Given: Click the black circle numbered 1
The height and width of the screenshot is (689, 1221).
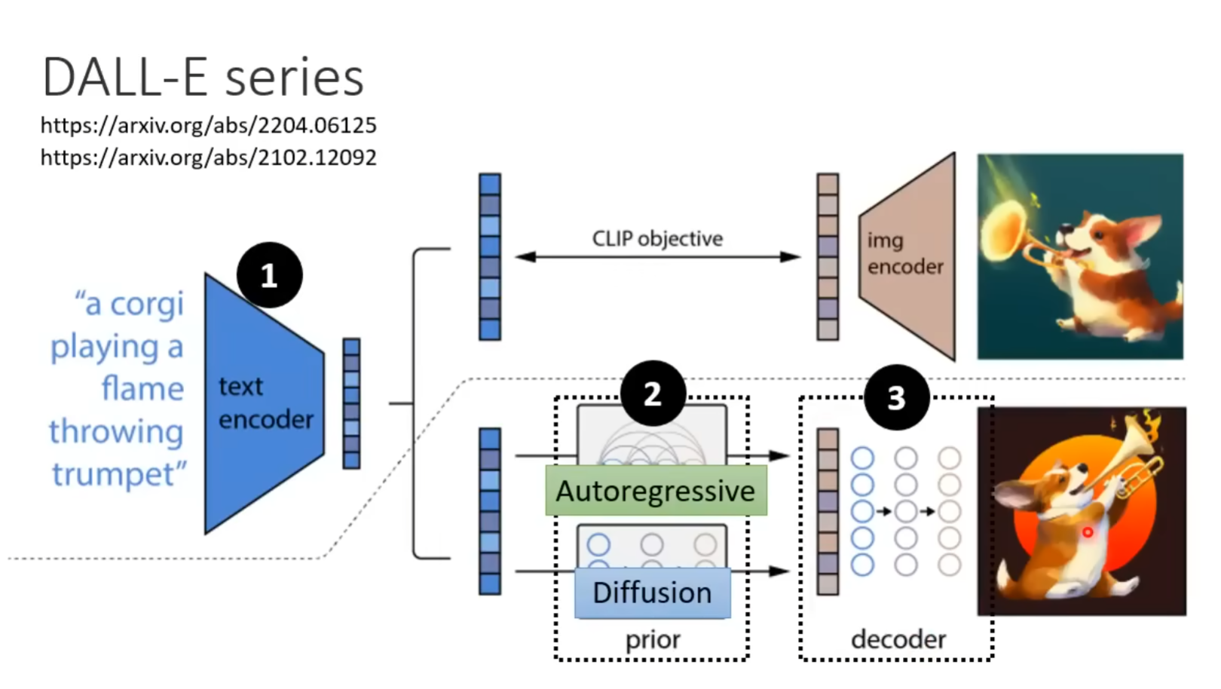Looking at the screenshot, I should click(x=269, y=275).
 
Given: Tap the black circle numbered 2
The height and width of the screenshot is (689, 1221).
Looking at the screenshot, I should click(x=653, y=393).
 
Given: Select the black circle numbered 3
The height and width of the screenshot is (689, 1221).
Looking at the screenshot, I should click(x=896, y=397).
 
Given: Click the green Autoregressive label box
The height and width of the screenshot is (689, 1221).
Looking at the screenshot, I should click(x=656, y=491).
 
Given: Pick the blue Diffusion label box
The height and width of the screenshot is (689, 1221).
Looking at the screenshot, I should click(x=652, y=593).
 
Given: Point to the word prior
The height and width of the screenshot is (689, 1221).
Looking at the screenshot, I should click(x=653, y=639).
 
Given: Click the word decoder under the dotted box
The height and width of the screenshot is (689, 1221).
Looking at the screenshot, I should click(x=898, y=639).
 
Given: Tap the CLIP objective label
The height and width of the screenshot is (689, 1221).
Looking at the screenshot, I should click(x=657, y=239).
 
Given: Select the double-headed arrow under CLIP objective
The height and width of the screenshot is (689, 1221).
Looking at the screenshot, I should click(x=657, y=257).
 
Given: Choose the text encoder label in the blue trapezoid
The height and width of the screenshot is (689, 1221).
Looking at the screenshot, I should click(x=265, y=403).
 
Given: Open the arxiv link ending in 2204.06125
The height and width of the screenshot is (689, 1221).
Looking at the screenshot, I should click(x=208, y=125).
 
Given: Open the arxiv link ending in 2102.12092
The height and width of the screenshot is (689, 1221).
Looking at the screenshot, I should click(x=208, y=158).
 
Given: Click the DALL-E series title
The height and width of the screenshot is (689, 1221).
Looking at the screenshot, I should click(x=203, y=78).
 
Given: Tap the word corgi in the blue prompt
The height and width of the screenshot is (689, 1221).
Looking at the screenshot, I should click(x=146, y=305).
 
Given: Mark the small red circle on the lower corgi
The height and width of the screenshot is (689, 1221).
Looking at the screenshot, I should click(x=1088, y=532).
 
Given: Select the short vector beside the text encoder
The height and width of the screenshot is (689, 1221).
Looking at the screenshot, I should click(x=351, y=403).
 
